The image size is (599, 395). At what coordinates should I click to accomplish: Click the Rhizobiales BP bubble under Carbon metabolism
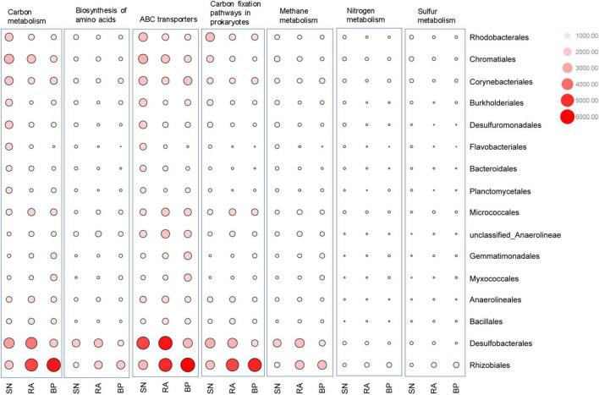click(x=54, y=365)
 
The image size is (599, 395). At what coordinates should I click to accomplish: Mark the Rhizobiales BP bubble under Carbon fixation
click(x=254, y=365)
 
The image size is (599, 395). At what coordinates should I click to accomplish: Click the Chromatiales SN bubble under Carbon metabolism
click(x=9, y=59)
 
